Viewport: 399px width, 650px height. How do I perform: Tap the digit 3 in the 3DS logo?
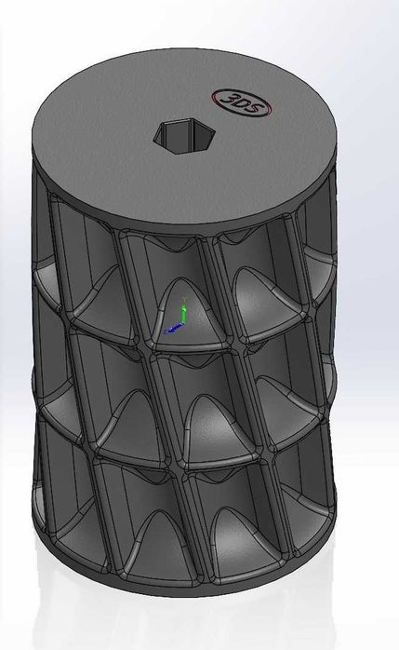[229, 99]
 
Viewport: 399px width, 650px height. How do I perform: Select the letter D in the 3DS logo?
[242, 104]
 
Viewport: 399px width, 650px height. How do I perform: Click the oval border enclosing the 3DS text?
[241, 90]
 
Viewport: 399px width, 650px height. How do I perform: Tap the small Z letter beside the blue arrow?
[166, 332]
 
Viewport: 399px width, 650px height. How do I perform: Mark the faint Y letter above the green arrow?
[186, 300]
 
